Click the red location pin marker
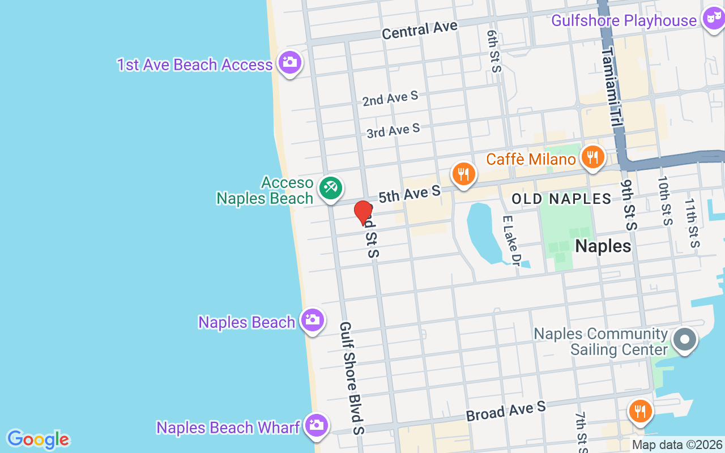pyautogui.click(x=363, y=212)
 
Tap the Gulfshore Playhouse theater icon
pyautogui.click(x=712, y=19)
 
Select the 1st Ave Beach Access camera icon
pyautogui.click(x=289, y=63)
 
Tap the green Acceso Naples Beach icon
pyautogui.click(x=330, y=188)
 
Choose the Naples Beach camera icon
pyautogui.click(x=312, y=320)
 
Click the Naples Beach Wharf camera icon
pyautogui.click(x=316, y=425)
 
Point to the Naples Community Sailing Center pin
pyautogui.click(x=684, y=340)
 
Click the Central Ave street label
pyautogui.click(x=419, y=30)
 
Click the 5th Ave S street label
pyautogui.click(x=409, y=194)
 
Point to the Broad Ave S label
pyautogui.click(x=505, y=411)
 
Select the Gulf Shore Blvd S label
pyautogui.click(x=351, y=378)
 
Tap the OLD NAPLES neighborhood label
pyautogui.click(x=561, y=199)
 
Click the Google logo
pyautogui.click(x=38, y=439)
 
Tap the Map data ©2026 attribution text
pyautogui.click(x=677, y=445)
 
